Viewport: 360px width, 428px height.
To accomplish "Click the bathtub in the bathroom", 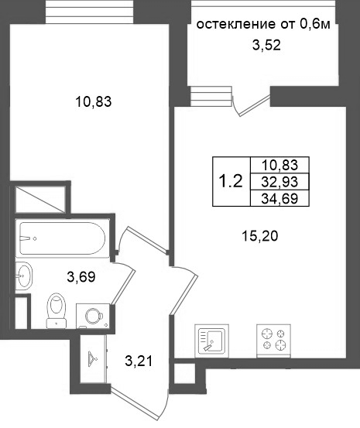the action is point(63,238).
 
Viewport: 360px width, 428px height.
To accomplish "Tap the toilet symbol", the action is point(57,310).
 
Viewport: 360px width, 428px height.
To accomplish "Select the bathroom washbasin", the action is point(24,276).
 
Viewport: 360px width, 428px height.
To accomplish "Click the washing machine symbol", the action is point(93,316).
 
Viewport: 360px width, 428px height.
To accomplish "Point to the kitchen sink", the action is point(211,341).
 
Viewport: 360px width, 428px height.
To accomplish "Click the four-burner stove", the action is point(273,341).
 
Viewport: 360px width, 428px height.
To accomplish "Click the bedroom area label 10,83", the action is point(94,102).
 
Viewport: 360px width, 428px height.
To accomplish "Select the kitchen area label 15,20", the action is point(260,236).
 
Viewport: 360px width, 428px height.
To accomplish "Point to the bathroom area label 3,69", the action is point(81,277).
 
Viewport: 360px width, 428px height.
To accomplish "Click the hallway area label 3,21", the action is point(139,361).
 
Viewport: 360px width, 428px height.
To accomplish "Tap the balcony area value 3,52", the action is point(266,45).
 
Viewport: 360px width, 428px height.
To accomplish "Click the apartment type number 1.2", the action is point(231,182).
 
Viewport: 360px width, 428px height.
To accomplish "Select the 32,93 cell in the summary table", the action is point(279,182).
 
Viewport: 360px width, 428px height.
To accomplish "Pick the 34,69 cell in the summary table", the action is point(279,198).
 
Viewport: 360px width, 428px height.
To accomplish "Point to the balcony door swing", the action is point(252,104).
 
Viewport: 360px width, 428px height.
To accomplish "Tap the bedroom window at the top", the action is point(90,12).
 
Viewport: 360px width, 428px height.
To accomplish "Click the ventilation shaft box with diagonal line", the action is point(40,199).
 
